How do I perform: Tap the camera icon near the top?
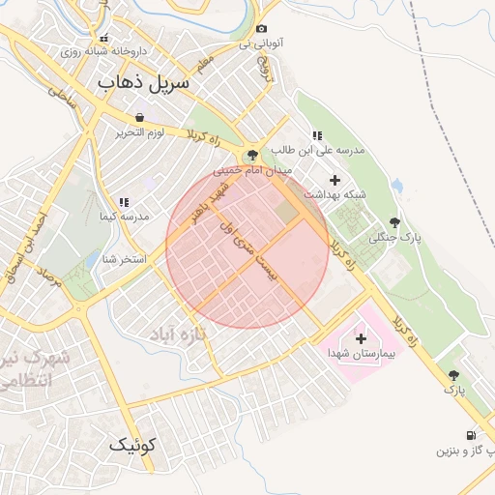(261, 29)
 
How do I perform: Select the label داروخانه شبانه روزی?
(103, 51)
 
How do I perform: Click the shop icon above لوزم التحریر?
(140, 117)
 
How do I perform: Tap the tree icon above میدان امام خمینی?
(252, 155)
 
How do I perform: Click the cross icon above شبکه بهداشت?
(335, 180)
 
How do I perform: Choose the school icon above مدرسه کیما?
(124, 202)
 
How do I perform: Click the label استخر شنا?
(124, 259)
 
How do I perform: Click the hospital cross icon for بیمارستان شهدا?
(361, 338)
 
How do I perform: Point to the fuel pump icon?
(470, 435)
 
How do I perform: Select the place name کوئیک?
(131, 445)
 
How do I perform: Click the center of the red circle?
(247, 247)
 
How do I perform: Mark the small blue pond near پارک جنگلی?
(397, 185)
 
